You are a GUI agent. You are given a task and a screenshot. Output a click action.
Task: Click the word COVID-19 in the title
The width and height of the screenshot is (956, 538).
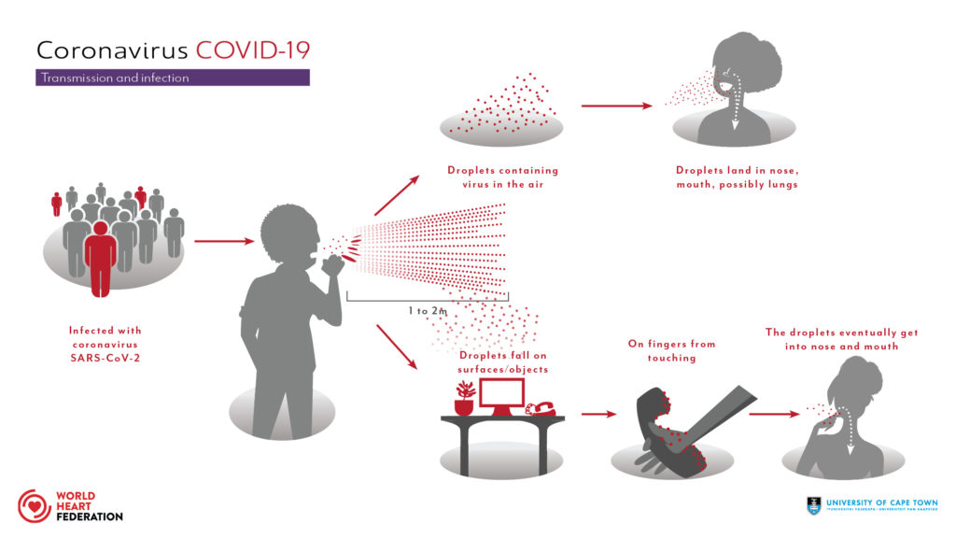[251, 50]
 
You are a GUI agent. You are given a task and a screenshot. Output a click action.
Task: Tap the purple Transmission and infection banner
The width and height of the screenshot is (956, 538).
[173, 78]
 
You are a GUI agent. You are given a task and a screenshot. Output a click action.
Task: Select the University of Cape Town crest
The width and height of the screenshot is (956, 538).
[815, 505]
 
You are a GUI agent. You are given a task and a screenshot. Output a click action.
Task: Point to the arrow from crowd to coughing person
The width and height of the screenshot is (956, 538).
[224, 242]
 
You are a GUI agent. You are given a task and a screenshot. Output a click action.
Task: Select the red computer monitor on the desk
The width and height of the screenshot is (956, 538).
[502, 399]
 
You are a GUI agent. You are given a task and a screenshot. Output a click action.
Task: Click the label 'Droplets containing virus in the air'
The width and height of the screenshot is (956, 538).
[502, 177]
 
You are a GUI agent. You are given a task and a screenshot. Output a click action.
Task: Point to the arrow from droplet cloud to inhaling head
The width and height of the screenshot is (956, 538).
[616, 106]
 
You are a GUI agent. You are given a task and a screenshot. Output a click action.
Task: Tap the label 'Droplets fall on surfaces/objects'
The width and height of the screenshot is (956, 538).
[500, 361]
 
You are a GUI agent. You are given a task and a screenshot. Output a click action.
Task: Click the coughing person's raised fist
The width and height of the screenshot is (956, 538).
[330, 265]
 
